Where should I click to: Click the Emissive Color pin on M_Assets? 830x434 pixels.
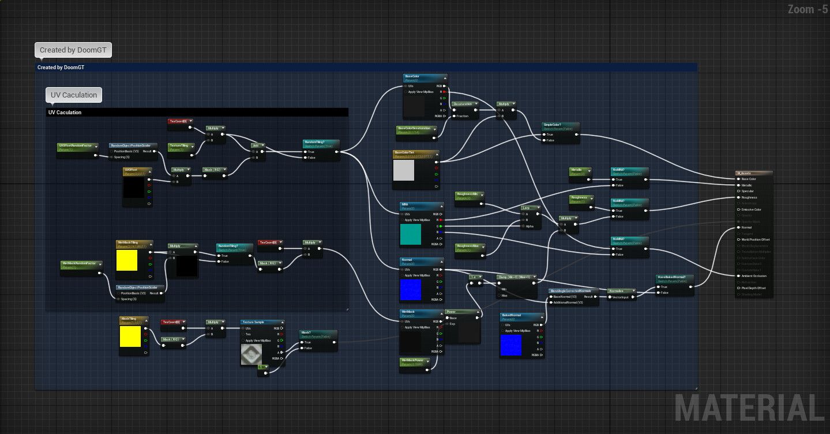pos(739,209)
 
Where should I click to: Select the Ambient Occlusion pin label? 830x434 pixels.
pos(754,276)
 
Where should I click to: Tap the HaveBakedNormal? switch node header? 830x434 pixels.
pos(674,277)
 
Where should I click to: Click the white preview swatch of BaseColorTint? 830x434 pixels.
pos(403,171)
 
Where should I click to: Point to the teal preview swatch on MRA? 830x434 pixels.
pos(411,234)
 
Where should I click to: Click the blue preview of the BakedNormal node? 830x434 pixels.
pos(510,345)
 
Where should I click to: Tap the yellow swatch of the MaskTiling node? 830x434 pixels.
pos(130,336)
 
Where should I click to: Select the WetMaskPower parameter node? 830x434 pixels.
pos(415,361)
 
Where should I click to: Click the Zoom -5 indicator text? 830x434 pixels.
pos(808,9)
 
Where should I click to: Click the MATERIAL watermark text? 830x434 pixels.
pos(749,408)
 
